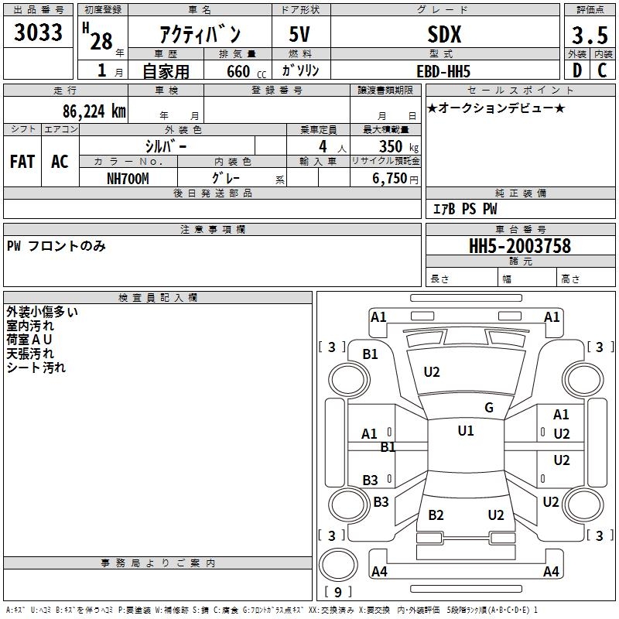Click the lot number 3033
click(x=38, y=32)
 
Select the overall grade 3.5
click(x=590, y=36)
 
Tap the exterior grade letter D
click(x=577, y=70)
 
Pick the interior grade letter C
click(x=602, y=70)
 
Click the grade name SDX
click(x=444, y=35)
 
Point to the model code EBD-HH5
click(x=443, y=71)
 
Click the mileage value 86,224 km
click(x=94, y=111)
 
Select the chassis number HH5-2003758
click(x=520, y=246)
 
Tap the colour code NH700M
click(x=128, y=179)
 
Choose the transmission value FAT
click(x=22, y=162)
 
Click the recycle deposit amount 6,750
click(x=389, y=179)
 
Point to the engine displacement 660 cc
click(x=246, y=72)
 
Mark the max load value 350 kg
click(x=398, y=146)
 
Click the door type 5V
click(x=299, y=34)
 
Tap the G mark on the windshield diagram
click(x=489, y=408)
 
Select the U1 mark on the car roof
click(x=466, y=431)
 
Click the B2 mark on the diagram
click(x=436, y=515)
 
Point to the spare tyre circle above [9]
click(x=338, y=565)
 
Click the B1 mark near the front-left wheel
click(x=371, y=354)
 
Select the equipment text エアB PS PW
click(x=465, y=209)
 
